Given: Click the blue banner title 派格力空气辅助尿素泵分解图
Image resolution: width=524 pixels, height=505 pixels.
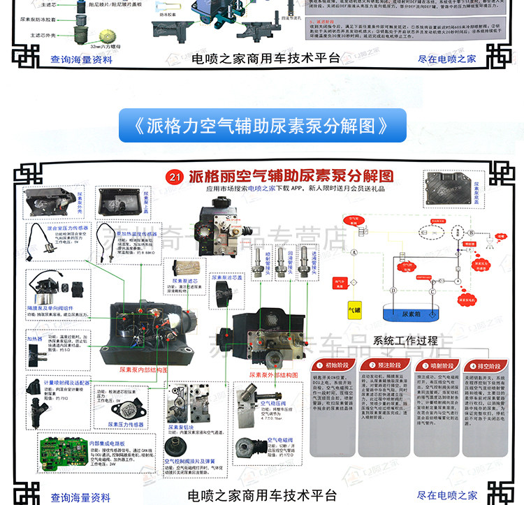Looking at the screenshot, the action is [262, 126].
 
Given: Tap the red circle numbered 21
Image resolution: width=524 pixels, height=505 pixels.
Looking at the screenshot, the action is [175, 177].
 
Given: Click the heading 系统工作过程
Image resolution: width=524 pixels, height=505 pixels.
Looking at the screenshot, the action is [405, 341].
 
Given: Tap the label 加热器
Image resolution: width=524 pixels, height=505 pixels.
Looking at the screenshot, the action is [36, 338].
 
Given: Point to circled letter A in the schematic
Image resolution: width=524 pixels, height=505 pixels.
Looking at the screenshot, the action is [354, 253].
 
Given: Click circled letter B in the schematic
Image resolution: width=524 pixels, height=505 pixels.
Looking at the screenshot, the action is [471, 232].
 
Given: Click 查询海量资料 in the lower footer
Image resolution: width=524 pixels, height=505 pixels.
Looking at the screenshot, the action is [80, 497].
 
